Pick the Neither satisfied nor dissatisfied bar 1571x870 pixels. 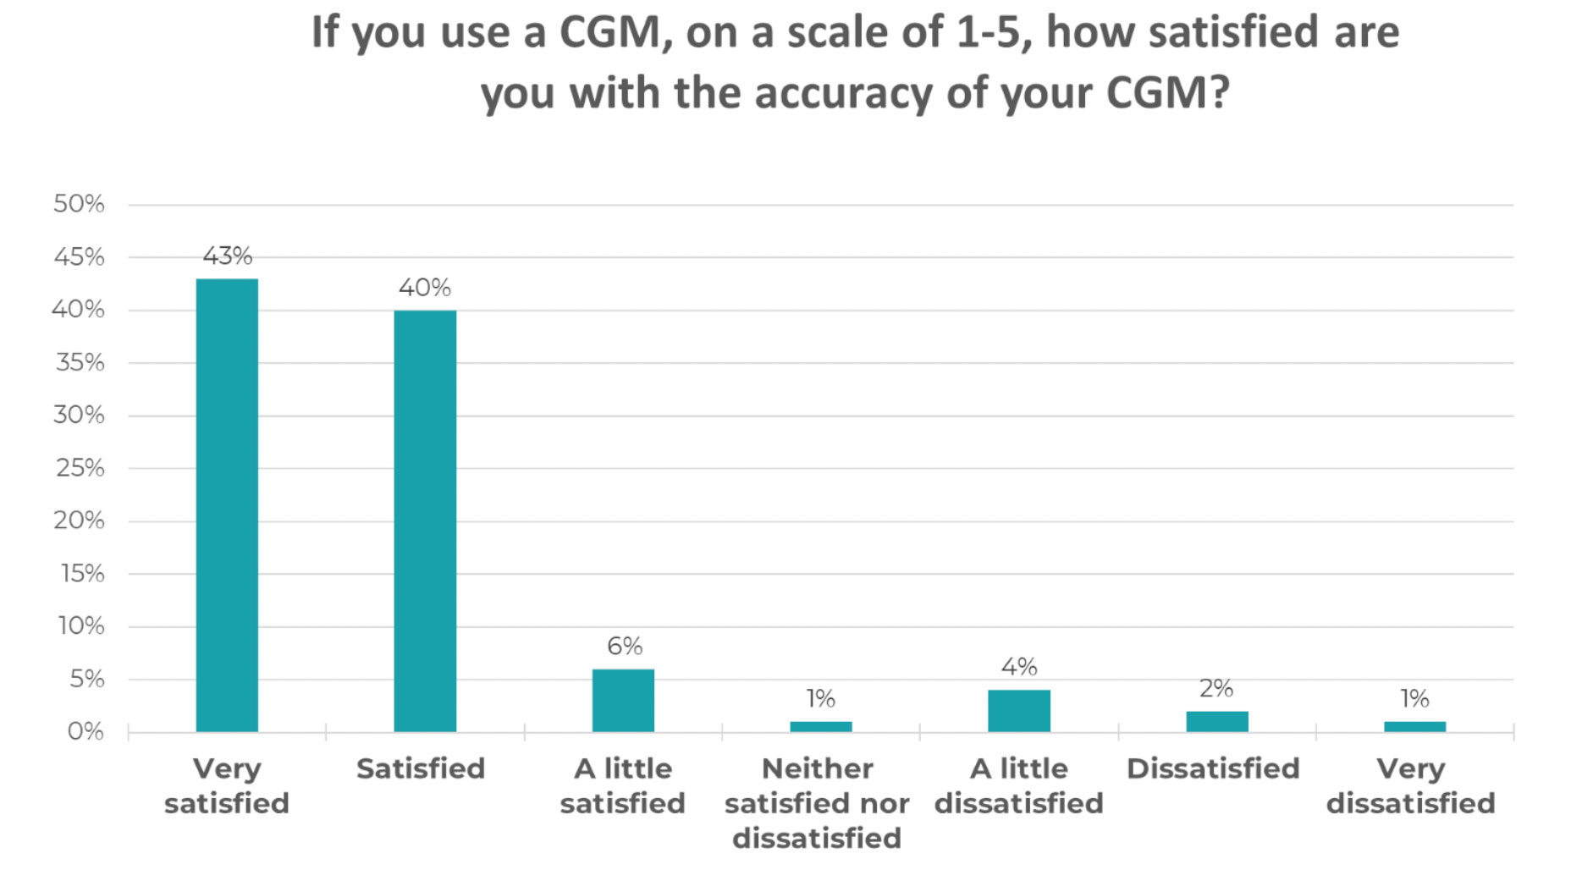820,726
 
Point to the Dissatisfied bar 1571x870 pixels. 1216,721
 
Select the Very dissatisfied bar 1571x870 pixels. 1414,726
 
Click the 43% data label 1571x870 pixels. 227,256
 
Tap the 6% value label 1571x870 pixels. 625,647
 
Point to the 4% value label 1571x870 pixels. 1019,667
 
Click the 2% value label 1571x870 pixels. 1216,688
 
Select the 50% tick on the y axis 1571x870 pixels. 79,204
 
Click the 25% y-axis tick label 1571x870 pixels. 80,468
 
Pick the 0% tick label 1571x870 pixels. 85,731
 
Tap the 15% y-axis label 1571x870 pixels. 82,574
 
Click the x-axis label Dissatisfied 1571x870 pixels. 1213,768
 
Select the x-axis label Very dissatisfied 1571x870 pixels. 1410,786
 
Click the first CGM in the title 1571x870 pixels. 609,34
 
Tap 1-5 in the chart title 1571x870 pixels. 994,34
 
